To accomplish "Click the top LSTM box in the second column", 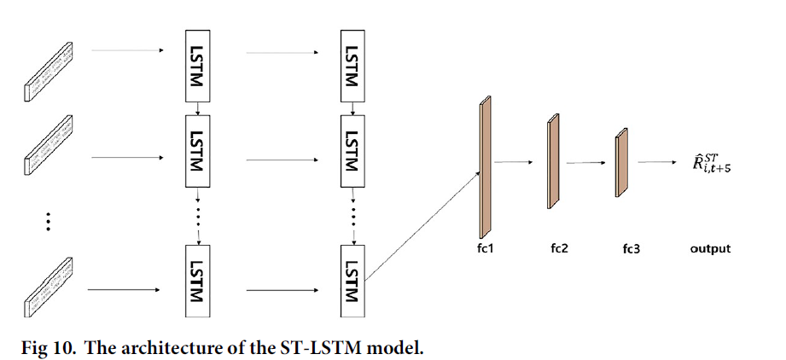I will (351, 66).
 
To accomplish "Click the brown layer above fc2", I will (551, 163).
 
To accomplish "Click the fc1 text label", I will (486, 250).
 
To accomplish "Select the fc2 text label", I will (560, 250).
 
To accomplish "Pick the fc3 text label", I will (631, 250).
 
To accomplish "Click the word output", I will (710, 249).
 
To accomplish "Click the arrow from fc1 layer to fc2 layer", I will (515, 161).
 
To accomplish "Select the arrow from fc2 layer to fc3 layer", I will (584, 161).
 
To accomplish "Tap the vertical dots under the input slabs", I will (49, 221).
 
